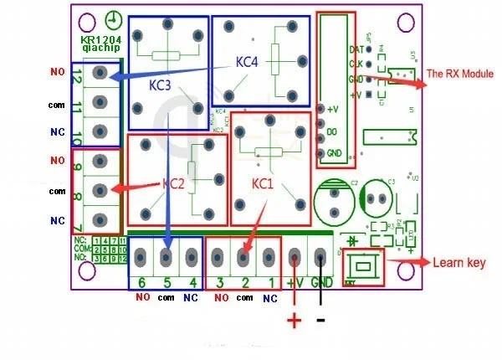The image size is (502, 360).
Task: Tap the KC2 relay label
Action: [x=173, y=183]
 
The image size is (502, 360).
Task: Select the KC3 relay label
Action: [x=161, y=85]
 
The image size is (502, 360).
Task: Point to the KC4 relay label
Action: [x=248, y=61]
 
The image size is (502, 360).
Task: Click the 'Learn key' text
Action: [x=458, y=263]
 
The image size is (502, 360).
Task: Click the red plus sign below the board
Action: [x=295, y=321]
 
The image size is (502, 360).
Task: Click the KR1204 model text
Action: [x=100, y=39]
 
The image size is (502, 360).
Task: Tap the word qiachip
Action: [x=100, y=49]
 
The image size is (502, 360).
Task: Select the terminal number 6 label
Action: [x=142, y=283]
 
